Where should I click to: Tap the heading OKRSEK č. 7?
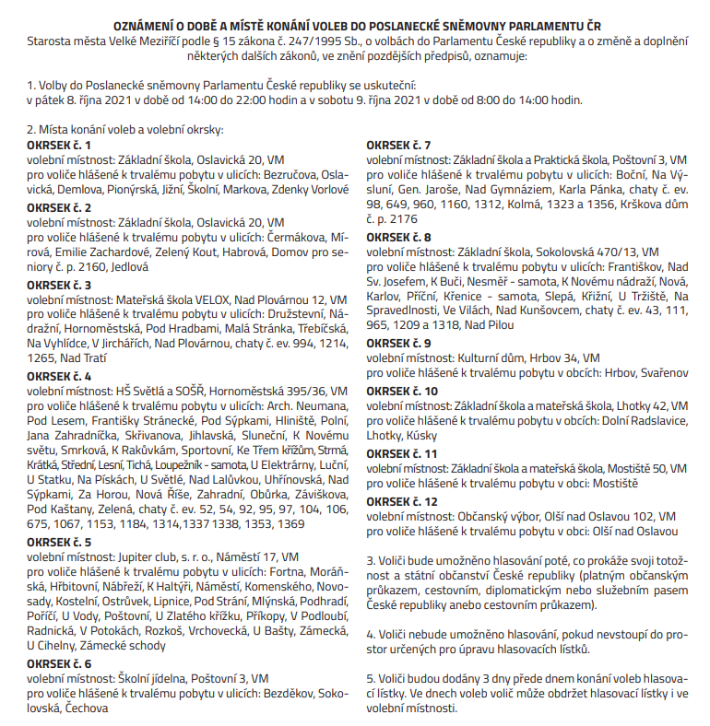pos(398,146)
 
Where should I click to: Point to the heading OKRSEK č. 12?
pos(402,501)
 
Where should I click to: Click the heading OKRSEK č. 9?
pos(398,343)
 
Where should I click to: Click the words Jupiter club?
pos(147,557)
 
